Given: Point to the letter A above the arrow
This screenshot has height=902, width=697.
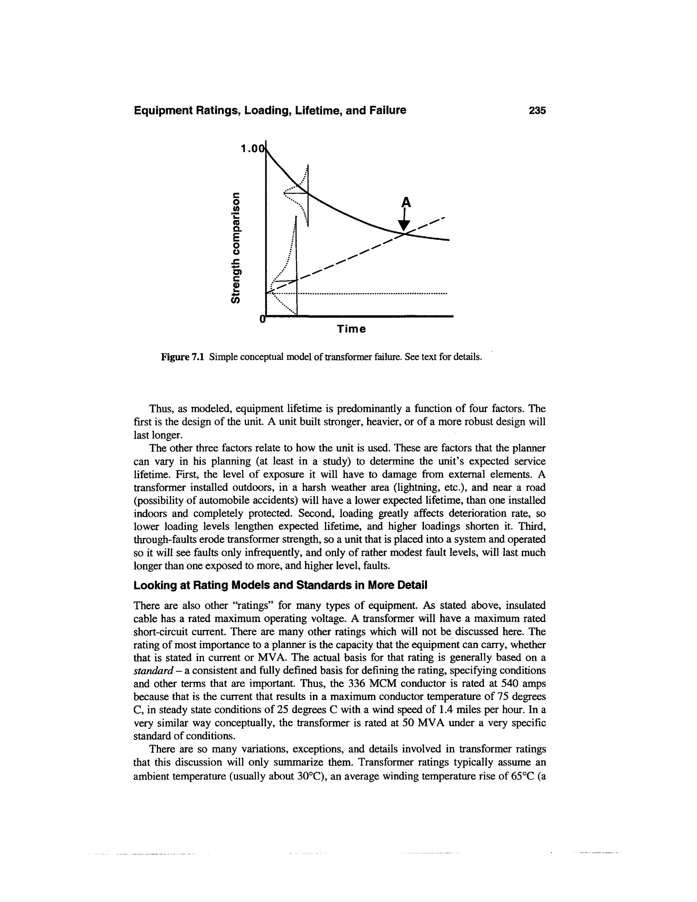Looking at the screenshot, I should point(406,203).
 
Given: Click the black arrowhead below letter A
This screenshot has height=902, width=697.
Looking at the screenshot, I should point(405,225).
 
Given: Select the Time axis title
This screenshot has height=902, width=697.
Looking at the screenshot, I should point(351,329).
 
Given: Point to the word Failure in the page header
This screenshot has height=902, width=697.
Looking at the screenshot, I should point(386,111).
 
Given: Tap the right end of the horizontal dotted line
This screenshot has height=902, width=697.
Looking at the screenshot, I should point(447,294).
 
